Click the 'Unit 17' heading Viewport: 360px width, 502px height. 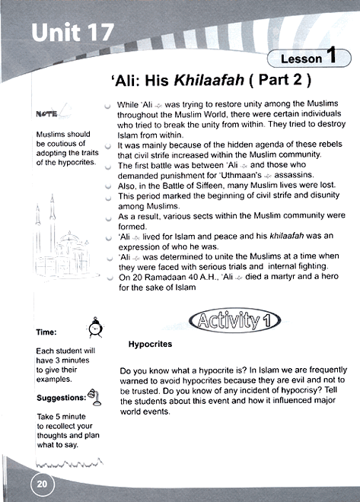click(x=73, y=33)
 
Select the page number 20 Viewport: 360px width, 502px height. click(x=40, y=481)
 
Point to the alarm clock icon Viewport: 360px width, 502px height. click(x=96, y=327)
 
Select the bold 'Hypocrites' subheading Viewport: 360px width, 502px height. click(x=150, y=345)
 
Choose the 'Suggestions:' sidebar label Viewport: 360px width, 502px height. click(x=61, y=398)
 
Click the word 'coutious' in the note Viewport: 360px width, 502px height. click(x=54, y=144)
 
